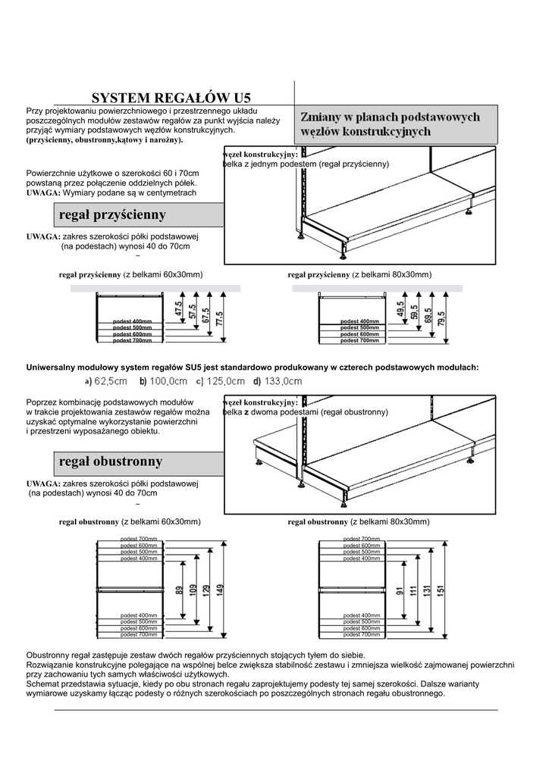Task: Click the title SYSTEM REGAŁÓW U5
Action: [171, 98]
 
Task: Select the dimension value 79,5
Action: [441, 317]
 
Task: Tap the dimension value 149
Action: [220, 589]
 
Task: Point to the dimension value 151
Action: [441, 589]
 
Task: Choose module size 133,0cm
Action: [278, 380]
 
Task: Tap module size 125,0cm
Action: [220, 380]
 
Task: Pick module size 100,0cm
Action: [163, 380]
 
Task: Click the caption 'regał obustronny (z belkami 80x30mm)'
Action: [358, 522]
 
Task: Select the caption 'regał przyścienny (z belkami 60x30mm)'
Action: [130, 274]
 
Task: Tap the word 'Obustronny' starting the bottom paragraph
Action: [48, 655]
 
